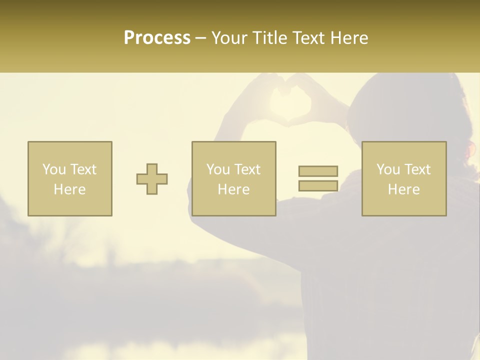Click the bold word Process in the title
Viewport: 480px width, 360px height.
click(157, 38)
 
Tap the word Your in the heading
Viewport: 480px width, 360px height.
click(229, 38)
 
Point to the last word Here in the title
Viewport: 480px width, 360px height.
click(349, 38)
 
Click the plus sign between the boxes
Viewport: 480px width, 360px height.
click(152, 179)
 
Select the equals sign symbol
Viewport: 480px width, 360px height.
click(318, 178)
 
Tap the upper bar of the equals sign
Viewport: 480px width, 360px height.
click(318, 171)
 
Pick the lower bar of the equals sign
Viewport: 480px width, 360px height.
click(318, 185)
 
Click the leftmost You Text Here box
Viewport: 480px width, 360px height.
click(70, 179)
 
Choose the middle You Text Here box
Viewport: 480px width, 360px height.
click(233, 179)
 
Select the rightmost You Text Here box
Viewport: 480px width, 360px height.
click(404, 179)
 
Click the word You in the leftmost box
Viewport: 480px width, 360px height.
click(53, 169)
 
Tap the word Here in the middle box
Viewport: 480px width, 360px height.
click(233, 189)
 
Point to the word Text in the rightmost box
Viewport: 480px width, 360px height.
click(417, 169)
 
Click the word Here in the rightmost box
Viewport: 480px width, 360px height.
click(404, 189)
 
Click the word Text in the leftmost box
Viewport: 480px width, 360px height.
click(83, 169)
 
